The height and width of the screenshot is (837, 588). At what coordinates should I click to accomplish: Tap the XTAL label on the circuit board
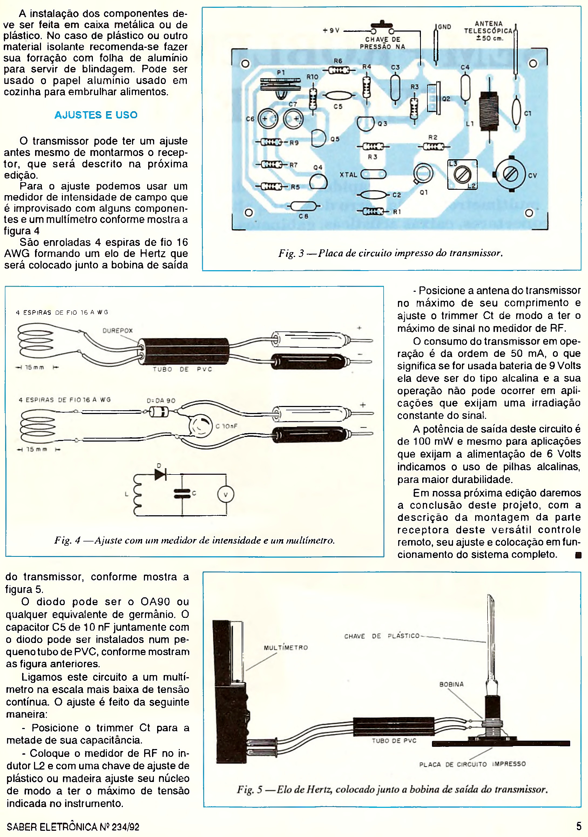[348, 175]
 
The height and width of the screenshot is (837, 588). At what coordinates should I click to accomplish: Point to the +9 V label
[331, 31]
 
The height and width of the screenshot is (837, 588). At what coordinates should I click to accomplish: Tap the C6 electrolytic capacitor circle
[268, 119]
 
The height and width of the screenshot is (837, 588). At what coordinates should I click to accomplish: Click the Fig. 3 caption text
[390, 253]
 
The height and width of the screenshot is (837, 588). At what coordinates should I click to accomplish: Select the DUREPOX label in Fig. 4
[117, 331]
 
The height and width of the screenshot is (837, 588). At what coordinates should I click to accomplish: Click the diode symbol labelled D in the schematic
[160, 474]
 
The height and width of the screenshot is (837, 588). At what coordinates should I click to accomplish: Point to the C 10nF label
[227, 426]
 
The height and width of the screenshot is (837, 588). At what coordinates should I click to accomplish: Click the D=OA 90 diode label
[161, 401]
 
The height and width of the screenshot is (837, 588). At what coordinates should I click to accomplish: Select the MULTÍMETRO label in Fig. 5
[286, 648]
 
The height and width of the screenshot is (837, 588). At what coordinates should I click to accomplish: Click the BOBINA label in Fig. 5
[451, 684]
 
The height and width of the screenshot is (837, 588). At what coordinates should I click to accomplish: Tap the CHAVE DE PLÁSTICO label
[382, 636]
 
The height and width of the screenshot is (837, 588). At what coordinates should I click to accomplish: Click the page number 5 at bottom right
[579, 826]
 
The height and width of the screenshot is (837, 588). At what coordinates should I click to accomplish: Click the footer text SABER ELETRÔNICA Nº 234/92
[73, 827]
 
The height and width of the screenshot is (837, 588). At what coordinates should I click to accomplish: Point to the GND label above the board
[444, 27]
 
